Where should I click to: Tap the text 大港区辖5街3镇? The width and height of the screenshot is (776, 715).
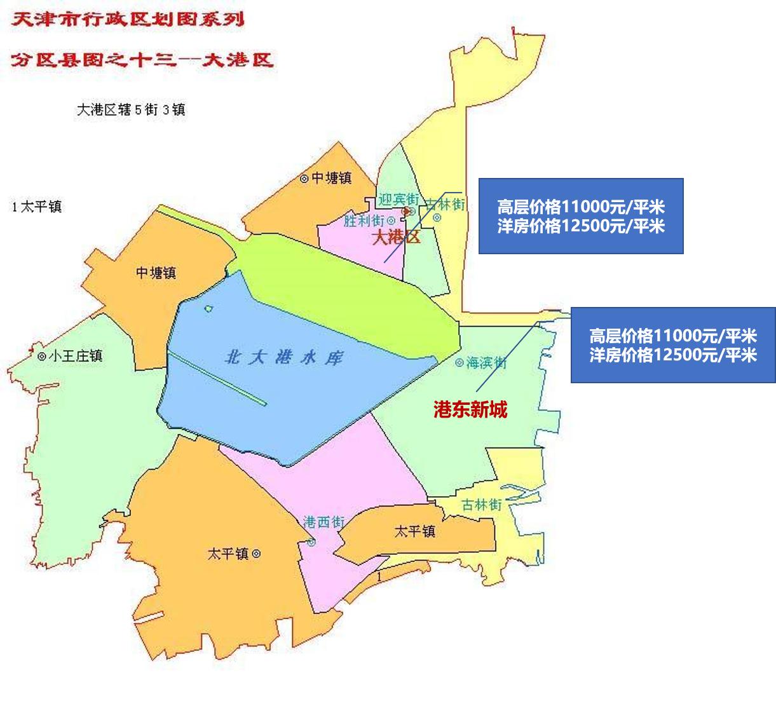tap(130, 110)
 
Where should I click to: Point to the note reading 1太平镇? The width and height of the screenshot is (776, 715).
tap(36, 207)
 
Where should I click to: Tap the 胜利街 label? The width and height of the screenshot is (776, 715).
tap(364, 221)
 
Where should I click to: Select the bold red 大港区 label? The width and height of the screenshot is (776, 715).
tap(395, 238)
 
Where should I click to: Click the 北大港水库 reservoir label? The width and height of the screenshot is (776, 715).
tap(283, 357)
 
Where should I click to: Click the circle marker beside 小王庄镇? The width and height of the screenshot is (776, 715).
tap(41, 357)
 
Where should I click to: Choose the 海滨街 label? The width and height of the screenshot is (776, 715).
tap(486, 363)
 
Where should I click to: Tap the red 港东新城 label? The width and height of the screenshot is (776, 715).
tap(470, 410)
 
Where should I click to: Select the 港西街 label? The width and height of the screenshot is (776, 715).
tap(323, 522)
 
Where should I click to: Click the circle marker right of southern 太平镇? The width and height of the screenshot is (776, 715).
tap(256, 554)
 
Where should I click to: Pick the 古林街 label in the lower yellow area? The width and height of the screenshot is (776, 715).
tap(482, 505)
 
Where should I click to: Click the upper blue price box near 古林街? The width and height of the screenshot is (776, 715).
tap(580, 216)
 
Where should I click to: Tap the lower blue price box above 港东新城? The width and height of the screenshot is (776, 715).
tap(672, 345)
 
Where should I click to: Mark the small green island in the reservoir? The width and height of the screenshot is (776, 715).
tap(208, 309)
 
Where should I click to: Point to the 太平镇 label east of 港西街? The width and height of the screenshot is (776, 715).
tap(414, 531)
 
